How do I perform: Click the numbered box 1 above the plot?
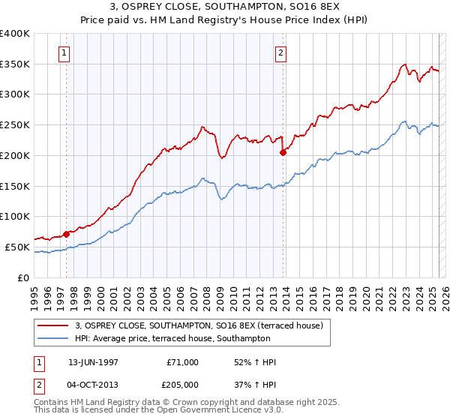(x=65, y=53)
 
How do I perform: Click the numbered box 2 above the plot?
(x=280, y=53)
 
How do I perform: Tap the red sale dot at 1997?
(x=67, y=234)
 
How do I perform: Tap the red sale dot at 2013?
(x=283, y=152)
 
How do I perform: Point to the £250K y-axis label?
(x=15, y=125)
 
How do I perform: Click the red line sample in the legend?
(x=53, y=326)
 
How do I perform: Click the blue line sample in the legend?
(x=53, y=338)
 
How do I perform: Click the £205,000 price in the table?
(x=183, y=384)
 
